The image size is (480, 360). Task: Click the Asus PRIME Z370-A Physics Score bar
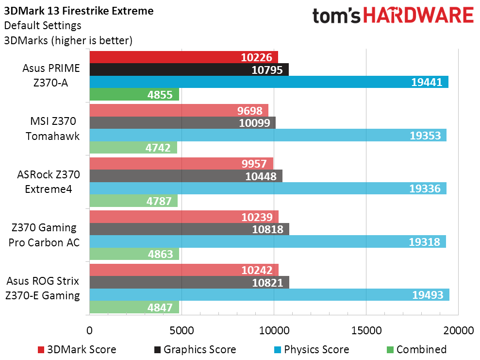[x=268, y=82]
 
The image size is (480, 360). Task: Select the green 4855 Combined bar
[x=134, y=95]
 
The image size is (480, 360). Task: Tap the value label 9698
[x=250, y=111]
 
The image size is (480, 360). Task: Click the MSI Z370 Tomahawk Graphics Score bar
[x=182, y=123]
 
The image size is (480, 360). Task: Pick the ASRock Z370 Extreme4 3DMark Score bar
[x=181, y=164]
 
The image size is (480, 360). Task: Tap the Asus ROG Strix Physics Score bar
[x=269, y=295]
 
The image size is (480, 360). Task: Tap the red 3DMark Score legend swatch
[x=41, y=350]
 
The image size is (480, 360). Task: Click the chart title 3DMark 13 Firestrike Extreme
[x=79, y=11]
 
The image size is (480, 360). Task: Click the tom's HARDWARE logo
[x=393, y=16]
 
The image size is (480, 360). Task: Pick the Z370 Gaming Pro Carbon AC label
[x=44, y=235]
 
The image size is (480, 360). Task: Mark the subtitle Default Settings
[x=43, y=25]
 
